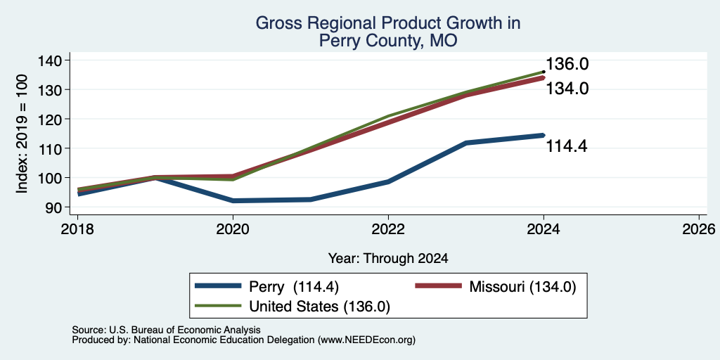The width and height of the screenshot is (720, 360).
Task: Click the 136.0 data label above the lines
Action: pyautogui.click(x=567, y=64)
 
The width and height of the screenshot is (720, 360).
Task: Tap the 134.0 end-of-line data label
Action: pyautogui.click(x=567, y=88)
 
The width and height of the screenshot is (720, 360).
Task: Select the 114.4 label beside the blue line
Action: pyautogui.click(x=567, y=146)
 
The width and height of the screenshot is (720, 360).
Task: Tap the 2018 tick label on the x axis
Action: pyautogui.click(x=77, y=229)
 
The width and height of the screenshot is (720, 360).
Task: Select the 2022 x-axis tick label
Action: pyautogui.click(x=388, y=229)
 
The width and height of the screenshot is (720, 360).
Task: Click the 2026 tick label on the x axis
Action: pyautogui.click(x=699, y=229)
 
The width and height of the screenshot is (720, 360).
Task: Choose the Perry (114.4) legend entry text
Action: pyautogui.click(x=294, y=287)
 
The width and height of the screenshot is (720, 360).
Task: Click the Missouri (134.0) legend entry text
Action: pyautogui.click(x=522, y=287)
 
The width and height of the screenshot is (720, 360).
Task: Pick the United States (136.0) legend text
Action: pyautogui.click(x=320, y=307)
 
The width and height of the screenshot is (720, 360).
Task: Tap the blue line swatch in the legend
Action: pyautogui.click(x=218, y=286)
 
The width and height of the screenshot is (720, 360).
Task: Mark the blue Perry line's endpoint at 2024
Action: pyautogui.click(x=544, y=135)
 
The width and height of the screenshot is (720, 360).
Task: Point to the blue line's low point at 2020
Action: pyautogui.click(x=233, y=200)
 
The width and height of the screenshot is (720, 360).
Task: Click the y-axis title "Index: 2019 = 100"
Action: pyautogui.click(x=22, y=134)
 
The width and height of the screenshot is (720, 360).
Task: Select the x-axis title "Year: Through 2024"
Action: pyautogui.click(x=388, y=259)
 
